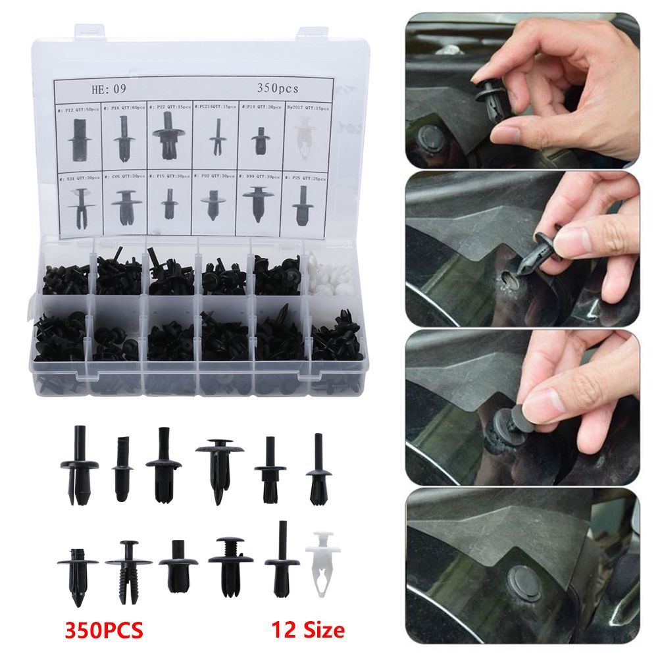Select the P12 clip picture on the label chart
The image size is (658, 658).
[78, 139]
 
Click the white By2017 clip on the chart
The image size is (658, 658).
[303, 140]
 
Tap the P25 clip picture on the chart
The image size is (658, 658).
[303, 205]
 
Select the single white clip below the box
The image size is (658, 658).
[320, 567]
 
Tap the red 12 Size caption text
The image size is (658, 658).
[308, 629]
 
